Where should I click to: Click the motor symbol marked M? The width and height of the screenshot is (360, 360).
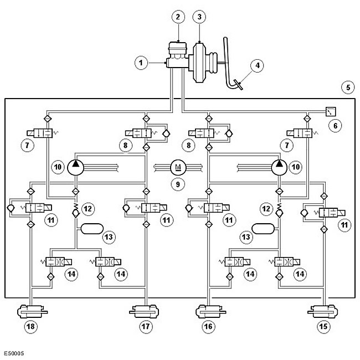pos(178,167)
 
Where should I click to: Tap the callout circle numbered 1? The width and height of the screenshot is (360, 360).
pos(141,63)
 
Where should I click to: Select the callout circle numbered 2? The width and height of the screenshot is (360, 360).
pos(178,17)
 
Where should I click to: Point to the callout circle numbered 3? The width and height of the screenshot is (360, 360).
pos(199,17)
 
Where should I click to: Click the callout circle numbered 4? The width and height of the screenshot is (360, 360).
pos(257,65)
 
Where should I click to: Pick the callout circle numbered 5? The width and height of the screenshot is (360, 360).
pos(348,88)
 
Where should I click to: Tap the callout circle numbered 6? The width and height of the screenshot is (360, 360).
pos(335,126)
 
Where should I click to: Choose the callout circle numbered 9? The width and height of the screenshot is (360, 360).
pos(178,184)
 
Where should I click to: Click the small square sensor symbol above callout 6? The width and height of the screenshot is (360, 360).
pos(331,111)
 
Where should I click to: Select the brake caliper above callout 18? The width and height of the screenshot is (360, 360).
pos(32,312)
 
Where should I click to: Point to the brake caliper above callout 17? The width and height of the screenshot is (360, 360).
pos(144,312)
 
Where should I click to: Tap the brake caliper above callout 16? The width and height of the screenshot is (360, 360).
pos(210,312)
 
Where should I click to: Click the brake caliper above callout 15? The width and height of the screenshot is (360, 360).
pos(322,312)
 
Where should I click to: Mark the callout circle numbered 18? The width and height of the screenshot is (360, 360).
pos(31,326)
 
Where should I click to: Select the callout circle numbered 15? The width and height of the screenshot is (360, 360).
pos(323,326)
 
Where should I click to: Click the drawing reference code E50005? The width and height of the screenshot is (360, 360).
pos(14,353)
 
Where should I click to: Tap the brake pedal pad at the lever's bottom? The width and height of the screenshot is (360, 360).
pos(238,85)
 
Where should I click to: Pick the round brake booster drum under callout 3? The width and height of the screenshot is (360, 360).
pos(199,62)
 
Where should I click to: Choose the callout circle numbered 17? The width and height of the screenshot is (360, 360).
pos(146,326)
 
